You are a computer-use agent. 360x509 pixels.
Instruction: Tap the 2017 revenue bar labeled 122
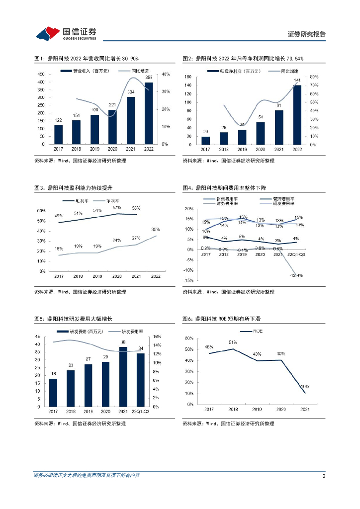tap(59, 134)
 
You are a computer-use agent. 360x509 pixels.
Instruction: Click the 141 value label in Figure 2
tap(297, 80)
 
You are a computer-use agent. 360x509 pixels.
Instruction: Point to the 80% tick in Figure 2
tap(315, 77)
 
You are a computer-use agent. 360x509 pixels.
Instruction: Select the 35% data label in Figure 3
tap(155, 230)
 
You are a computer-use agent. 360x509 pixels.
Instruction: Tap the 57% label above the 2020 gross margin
tap(117, 208)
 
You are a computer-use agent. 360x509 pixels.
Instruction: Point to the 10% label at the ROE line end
tap(304, 386)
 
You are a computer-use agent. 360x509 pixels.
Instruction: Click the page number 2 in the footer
tap(324, 476)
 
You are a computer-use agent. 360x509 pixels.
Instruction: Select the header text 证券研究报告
tap(306, 34)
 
